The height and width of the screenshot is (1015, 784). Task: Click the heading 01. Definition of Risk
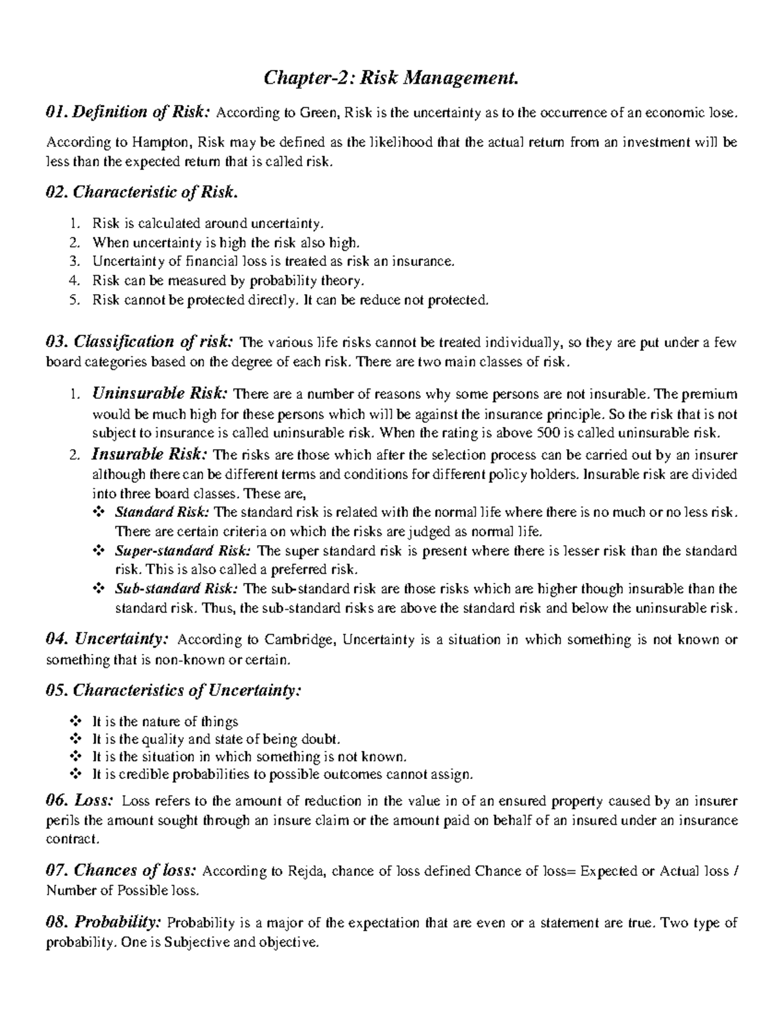click(x=128, y=112)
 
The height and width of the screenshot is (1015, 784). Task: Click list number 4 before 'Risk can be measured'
click(x=75, y=281)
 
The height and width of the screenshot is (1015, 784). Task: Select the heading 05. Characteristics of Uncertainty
click(x=174, y=690)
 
